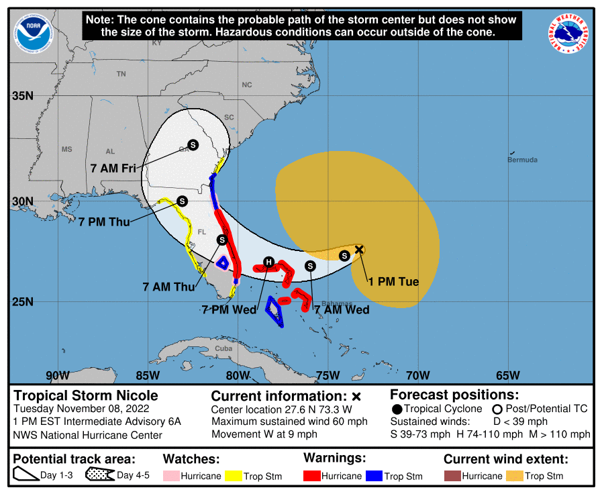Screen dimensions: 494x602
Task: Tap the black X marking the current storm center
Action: coord(359,250)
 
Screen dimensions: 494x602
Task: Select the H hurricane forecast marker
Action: coord(268,262)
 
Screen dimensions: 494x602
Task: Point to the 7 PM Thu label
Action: coord(105,221)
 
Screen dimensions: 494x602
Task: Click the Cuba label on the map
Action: coord(223,348)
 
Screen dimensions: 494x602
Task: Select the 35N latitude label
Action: coord(23,95)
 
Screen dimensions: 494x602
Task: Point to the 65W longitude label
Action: coord(507,375)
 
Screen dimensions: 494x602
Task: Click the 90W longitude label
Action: coord(57,375)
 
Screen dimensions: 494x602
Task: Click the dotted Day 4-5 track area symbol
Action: coord(100,476)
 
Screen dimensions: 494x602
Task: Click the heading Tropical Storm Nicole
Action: coord(86,395)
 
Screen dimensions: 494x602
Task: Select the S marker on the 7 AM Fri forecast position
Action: coord(193,144)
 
